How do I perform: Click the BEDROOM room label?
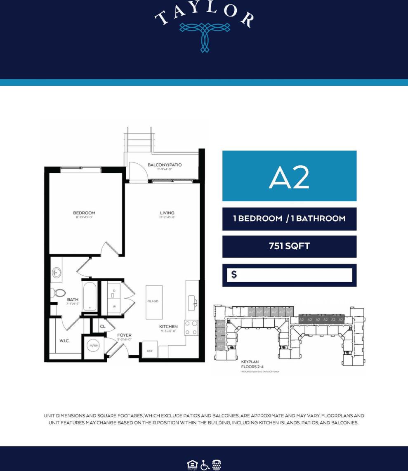click(x=84, y=213)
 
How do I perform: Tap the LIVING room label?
click(x=167, y=213)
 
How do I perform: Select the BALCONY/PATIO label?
click(x=164, y=165)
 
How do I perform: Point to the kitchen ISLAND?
click(x=153, y=301)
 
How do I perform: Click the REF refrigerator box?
click(x=150, y=350)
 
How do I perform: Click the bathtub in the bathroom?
click(x=90, y=296)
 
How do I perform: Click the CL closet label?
click(x=103, y=326)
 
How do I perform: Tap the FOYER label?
click(x=124, y=335)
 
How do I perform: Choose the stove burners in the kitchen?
click(x=191, y=328)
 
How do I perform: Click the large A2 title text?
click(x=289, y=177)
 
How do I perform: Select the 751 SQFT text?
click(x=289, y=247)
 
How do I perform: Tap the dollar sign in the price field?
click(x=234, y=275)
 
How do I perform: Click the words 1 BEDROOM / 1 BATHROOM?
click(x=289, y=219)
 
